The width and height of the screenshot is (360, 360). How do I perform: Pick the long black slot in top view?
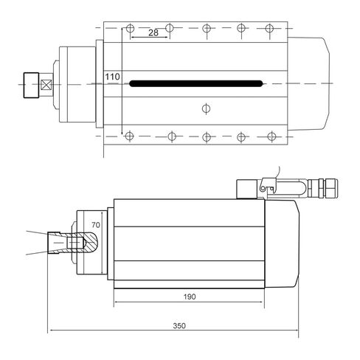196,83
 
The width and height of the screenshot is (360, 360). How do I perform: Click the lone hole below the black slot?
206,109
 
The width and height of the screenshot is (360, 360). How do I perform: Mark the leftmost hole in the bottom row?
131,136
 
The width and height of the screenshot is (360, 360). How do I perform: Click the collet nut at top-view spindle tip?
32,83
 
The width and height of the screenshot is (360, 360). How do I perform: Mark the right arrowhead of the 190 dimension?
261,302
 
